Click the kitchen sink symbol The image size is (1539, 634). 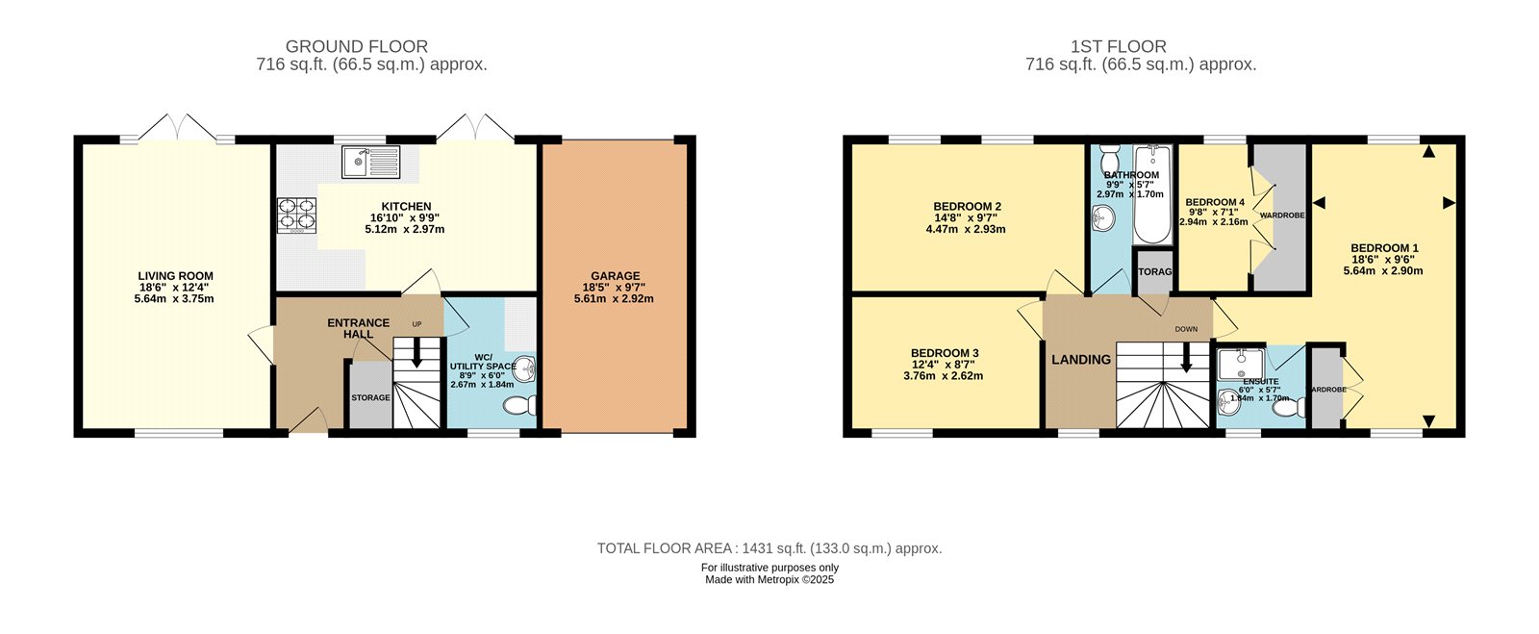(370, 162)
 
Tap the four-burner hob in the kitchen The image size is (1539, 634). (297, 215)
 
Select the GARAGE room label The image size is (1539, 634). (616, 276)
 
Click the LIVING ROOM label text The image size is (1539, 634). (175, 276)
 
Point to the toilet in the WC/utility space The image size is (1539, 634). (520, 405)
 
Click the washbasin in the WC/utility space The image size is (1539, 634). (524, 368)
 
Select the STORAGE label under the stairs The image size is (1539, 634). (370, 397)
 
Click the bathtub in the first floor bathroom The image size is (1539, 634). (1151, 194)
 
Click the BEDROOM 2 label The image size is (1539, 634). (967, 206)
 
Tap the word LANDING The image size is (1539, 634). (1080, 359)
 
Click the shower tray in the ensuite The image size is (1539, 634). (1241, 364)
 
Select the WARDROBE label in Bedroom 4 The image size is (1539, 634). (1281, 216)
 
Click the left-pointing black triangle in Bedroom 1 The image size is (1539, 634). (1319, 202)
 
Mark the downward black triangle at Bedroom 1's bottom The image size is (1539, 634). (1428, 420)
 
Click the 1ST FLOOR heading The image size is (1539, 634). (1118, 46)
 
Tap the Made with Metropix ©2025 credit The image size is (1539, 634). (769, 580)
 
